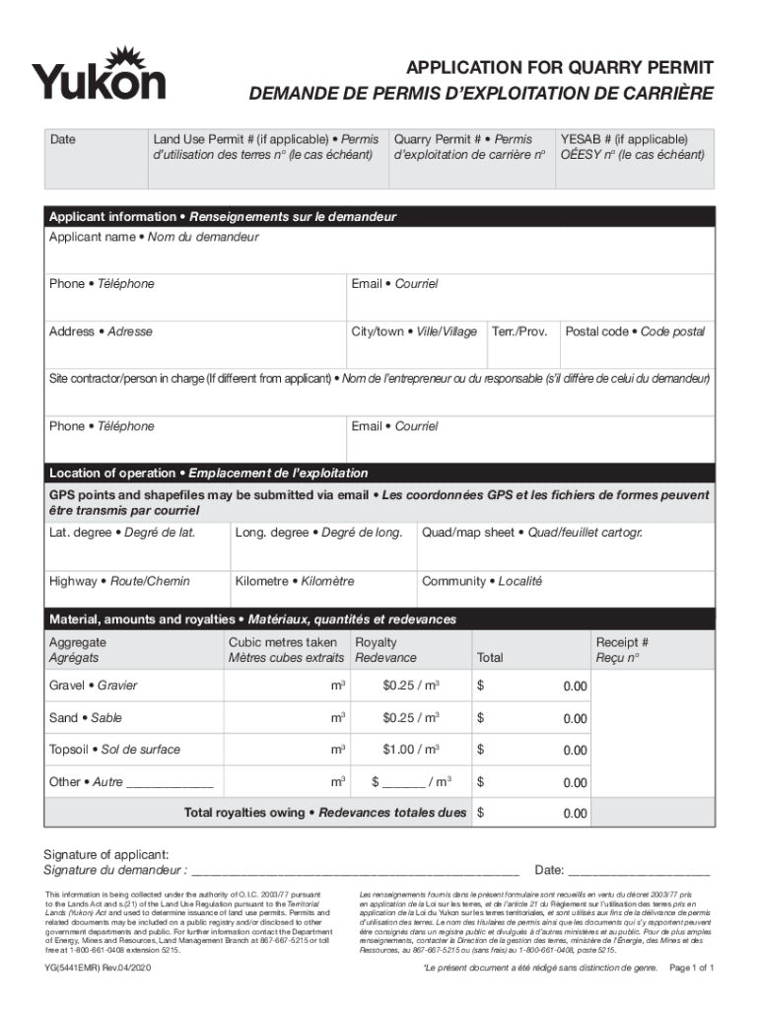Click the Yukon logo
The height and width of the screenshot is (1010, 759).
(99, 74)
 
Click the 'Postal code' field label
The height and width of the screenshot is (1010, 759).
(635, 331)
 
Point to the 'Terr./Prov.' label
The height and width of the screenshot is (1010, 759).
(519, 331)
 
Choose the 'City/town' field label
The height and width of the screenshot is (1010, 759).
(414, 331)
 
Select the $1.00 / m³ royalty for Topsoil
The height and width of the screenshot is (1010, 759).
(411, 750)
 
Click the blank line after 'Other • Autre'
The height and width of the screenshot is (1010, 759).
(171, 783)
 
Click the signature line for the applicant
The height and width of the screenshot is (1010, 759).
(355, 870)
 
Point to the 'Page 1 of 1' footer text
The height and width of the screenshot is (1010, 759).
(691, 969)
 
